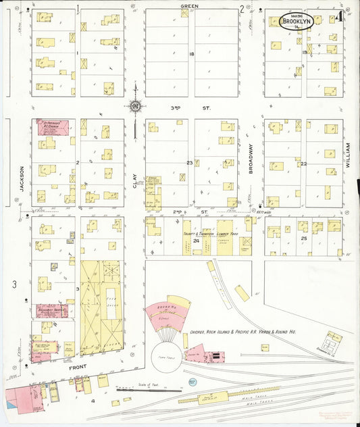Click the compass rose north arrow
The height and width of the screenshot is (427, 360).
135,106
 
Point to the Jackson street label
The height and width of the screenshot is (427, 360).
22,180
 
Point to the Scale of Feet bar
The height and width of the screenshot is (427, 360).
149,390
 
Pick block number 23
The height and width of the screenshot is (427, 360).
190,163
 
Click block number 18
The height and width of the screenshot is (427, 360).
191,53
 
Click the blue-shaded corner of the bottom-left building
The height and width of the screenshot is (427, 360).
9,404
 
